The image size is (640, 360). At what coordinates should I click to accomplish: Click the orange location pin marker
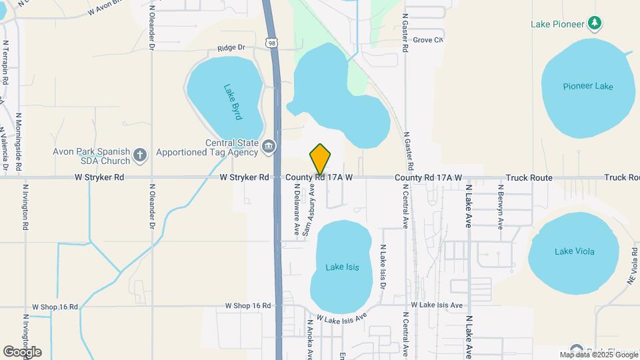(320, 159)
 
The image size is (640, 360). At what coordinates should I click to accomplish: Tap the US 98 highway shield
(270, 43)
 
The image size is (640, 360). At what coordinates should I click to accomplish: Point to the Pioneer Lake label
(587, 86)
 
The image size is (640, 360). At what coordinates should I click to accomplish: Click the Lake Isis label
(342, 267)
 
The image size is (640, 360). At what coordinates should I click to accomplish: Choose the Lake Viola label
(574, 251)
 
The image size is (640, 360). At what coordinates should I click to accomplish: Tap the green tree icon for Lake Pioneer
(595, 24)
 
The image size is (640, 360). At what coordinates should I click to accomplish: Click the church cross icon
(140, 155)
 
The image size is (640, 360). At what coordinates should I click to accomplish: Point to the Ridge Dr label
(231, 48)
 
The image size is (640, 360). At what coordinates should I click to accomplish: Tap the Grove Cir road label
(427, 40)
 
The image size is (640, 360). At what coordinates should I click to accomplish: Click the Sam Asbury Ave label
(310, 211)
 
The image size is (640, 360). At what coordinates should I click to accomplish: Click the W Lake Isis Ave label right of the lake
(437, 305)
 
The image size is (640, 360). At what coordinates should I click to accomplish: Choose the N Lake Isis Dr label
(383, 265)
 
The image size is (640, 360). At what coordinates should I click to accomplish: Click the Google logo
(22, 352)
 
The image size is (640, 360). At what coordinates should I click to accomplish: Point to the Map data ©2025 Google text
(597, 355)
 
